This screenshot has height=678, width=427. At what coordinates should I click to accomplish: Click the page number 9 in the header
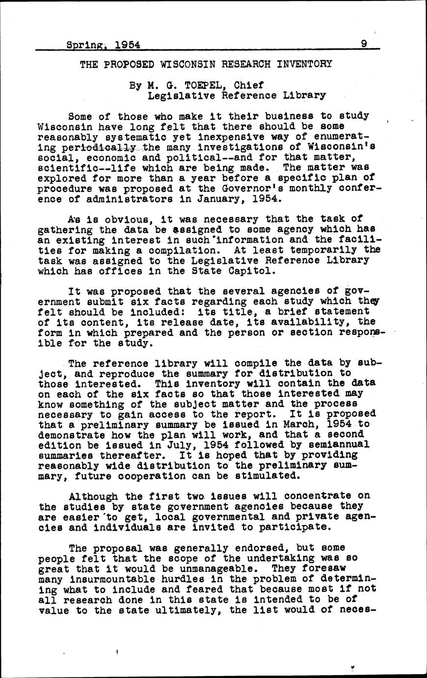pyautogui.click(x=364, y=44)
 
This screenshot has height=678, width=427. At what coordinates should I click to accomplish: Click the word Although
pyautogui.click(x=94, y=496)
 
